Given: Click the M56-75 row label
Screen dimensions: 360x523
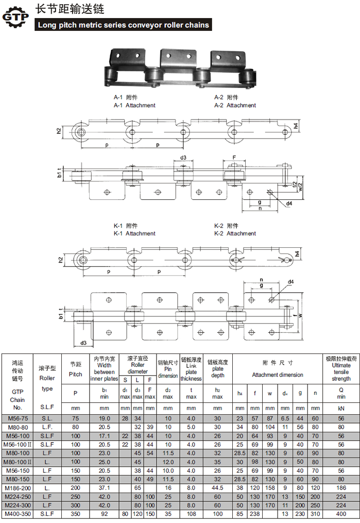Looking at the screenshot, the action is (x=18, y=418).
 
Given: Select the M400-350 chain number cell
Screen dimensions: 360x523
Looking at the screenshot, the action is (x=18, y=514).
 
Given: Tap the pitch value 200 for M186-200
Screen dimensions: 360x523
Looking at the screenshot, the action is (x=75, y=488).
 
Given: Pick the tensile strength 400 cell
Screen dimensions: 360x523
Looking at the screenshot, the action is (x=341, y=514).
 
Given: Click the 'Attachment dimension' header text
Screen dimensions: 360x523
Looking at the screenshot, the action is (x=277, y=375).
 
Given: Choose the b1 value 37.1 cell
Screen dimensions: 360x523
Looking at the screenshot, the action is (x=104, y=488).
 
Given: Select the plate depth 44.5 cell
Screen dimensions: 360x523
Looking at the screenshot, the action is (x=217, y=488).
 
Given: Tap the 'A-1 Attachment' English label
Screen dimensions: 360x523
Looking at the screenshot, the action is (x=134, y=106).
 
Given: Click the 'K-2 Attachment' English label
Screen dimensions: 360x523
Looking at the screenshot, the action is (x=235, y=233).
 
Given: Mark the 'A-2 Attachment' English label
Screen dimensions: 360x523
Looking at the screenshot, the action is (x=235, y=106).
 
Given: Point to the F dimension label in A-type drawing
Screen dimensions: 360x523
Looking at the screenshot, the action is (x=234, y=158).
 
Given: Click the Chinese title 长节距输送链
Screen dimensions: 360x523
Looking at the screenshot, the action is (x=70, y=9).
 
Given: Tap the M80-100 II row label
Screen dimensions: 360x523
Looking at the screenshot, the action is (x=18, y=462).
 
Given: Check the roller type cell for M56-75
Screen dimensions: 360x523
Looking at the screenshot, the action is (x=47, y=418).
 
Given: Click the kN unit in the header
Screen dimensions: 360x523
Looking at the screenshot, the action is (x=341, y=408).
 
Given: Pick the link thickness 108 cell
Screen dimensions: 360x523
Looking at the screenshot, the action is (x=191, y=514).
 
